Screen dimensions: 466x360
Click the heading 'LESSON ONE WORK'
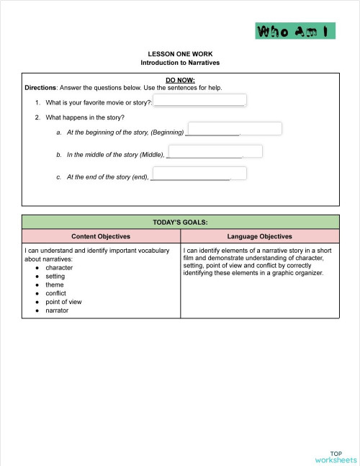[180, 54]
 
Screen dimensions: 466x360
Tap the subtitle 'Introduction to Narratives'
[180, 63]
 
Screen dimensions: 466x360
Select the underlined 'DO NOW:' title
[180, 80]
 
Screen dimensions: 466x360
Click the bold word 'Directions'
[40, 88]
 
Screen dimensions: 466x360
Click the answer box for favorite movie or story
[200, 101]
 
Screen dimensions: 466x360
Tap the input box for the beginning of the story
[234, 129]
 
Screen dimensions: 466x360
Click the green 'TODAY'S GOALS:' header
[180, 223]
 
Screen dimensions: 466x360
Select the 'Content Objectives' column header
[101, 236]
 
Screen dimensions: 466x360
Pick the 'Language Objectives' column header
[259, 236]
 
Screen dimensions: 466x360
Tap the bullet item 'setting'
[55, 277]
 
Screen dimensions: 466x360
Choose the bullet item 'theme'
[55, 285]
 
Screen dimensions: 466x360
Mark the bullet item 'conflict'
[55, 294]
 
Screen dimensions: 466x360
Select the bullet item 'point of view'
[63, 303]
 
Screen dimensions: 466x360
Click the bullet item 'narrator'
[57, 311]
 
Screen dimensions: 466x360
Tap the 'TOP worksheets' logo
[335, 455]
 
